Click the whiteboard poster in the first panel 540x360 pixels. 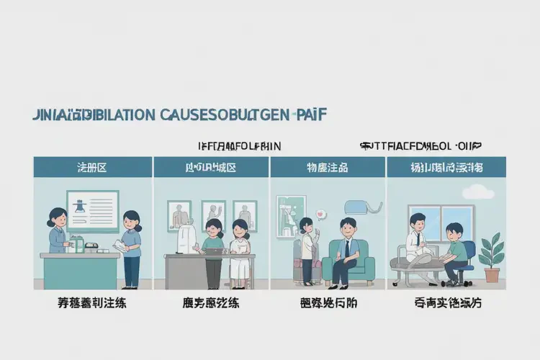pyautogui.click(x=92, y=210)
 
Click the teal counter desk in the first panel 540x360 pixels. pyautogui.click(x=81, y=270)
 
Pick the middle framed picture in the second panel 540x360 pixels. pyautogui.click(x=214, y=214)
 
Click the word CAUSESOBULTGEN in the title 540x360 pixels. pyautogui.click(x=231, y=115)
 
